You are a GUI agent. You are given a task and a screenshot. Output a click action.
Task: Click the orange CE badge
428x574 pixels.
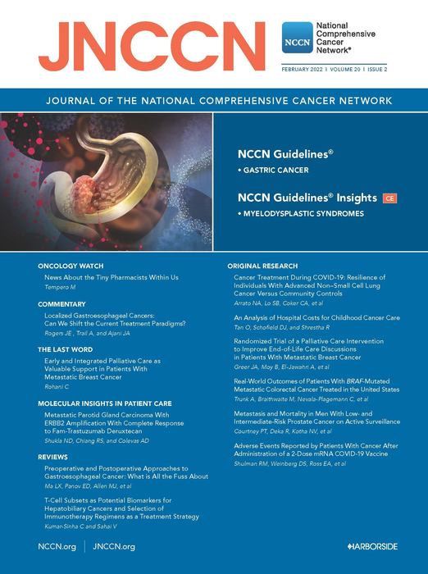click(x=390, y=198)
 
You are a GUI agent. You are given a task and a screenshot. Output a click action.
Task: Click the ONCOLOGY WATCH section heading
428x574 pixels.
click(x=71, y=266)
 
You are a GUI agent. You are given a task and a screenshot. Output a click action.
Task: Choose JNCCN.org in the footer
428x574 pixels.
click(x=114, y=545)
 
